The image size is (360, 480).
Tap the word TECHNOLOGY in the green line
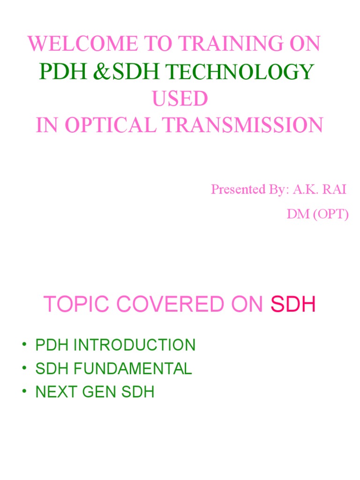click(x=240, y=72)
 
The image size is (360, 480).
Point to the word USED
click(x=179, y=98)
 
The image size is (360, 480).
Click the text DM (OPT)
click(x=318, y=215)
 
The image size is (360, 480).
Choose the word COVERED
click(x=167, y=305)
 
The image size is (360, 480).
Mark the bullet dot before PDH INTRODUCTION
click(x=23, y=346)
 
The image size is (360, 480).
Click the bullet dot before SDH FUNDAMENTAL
click(x=23, y=369)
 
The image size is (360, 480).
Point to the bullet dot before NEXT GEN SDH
click(x=23, y=392)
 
